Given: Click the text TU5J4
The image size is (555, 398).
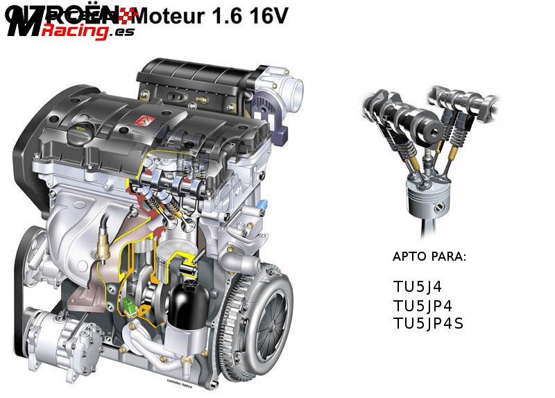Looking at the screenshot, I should coord(417,286).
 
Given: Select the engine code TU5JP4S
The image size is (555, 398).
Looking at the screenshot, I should coord(428,324).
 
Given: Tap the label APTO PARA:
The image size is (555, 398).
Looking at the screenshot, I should coord(429,257).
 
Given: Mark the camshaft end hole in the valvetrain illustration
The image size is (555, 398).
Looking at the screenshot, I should coord(432,130).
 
